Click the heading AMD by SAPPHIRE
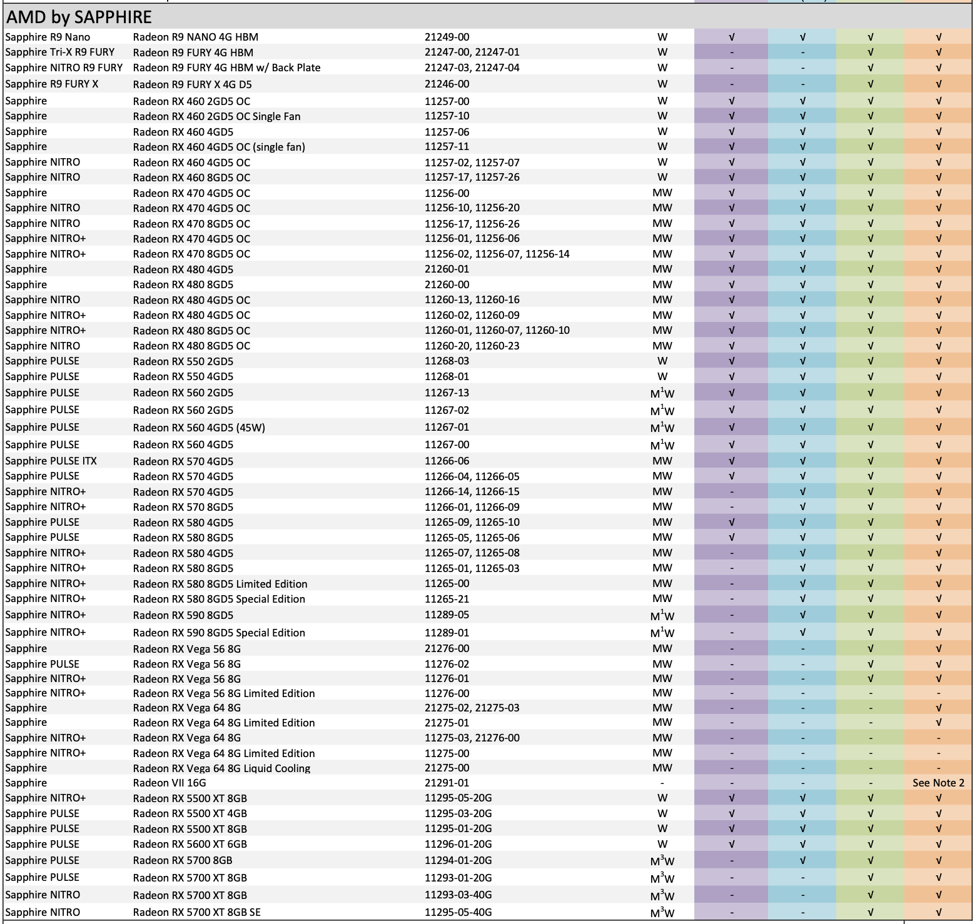[x=79, y=16]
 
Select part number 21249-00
[x=447, y=37]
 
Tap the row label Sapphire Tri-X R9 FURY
[x=60, y=52]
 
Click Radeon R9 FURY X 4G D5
[x=192, y=84]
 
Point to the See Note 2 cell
[x=938, y=783]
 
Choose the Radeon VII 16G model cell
[x=169, y=783]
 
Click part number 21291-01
[x=447, y=783]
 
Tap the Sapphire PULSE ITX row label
[x=51, y=461]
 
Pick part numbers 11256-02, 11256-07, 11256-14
[x=497, y=254]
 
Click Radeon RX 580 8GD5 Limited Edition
[x=220, y=584]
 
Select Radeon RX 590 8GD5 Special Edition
[x=219, y=633]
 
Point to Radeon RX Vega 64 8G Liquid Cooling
[x=221, y=768]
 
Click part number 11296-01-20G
[x=458, y=844]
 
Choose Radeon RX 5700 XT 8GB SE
[x=196, y=912]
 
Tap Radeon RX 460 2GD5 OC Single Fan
[x=216, y=116]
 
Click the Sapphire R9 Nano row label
[x=48, y=37]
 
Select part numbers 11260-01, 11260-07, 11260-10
[x=497, y=330]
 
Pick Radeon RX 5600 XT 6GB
[x=190, y=844]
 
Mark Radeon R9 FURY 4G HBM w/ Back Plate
[x=226, y=68]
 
